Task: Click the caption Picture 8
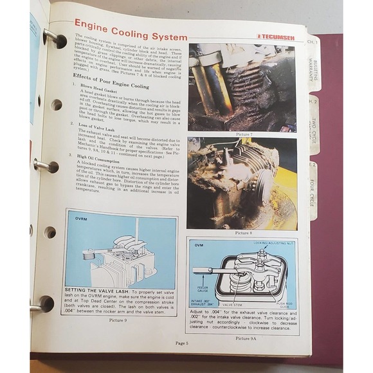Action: pyautogui.click(x=247, y=232)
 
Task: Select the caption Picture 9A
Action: pyautogui.click(x=247, y=338)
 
